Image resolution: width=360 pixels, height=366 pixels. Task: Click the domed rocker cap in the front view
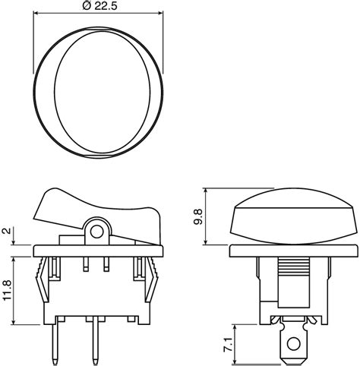click(x=292, y=216)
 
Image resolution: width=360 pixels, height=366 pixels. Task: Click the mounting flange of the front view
click(x=292, y=251)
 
